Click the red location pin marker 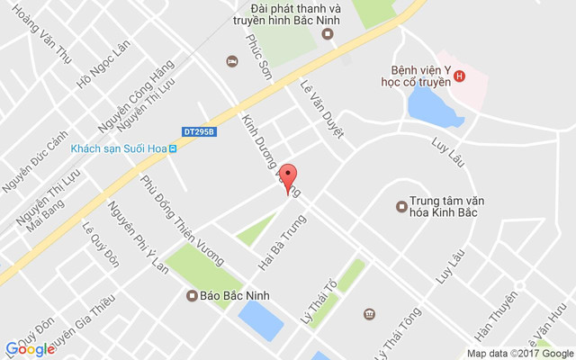tap(287, 177)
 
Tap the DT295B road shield tap(200, 131)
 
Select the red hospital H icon tap(460, 76)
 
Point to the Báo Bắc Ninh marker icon tap(192, 295)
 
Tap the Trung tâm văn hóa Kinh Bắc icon tap(401, 207)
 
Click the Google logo tap(30, 349)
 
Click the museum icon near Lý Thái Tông tap(369, 313)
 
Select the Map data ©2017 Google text tap(519, 353)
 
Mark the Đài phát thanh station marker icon tap(328, 34)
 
